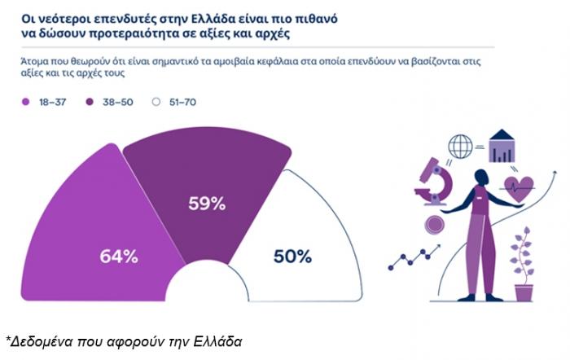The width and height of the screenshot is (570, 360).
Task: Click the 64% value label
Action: point(118,256)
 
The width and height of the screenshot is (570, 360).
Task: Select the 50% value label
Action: point(292,256)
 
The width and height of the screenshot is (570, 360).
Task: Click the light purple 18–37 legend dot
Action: point(25,102)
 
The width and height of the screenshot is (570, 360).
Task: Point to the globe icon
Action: point(460,147)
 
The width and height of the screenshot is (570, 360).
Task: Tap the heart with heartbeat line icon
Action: point(518,187)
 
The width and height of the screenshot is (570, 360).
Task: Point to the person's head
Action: point(481,177)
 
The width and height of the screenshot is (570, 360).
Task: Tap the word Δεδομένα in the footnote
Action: point(44,339)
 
